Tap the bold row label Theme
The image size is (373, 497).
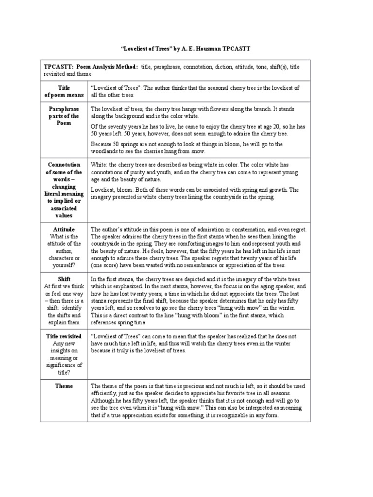64,386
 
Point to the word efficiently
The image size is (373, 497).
106,394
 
